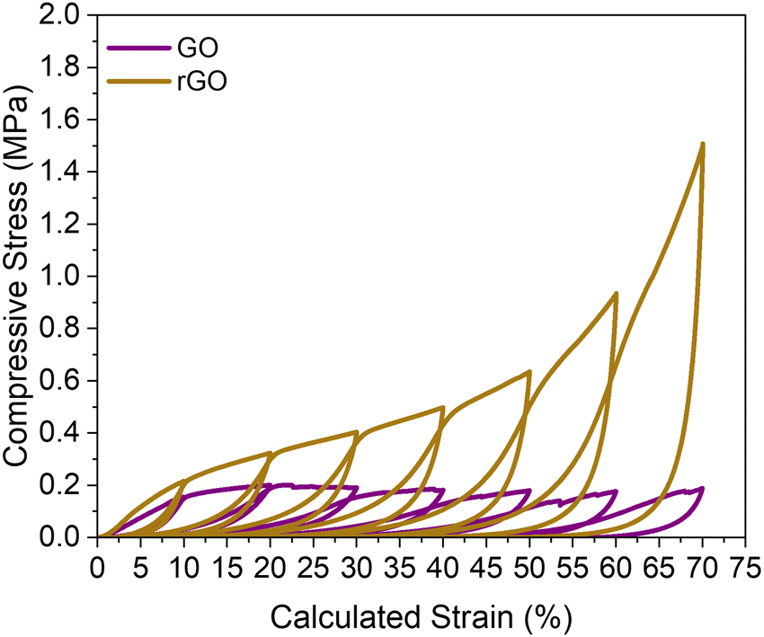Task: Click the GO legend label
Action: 198,49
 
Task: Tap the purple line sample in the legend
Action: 139,49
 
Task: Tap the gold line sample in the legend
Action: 139,82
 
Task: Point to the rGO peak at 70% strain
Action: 702,144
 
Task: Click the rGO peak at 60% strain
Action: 616,293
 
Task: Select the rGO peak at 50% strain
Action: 529,371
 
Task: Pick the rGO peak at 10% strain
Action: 183,482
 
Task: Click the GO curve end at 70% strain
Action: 702,489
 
